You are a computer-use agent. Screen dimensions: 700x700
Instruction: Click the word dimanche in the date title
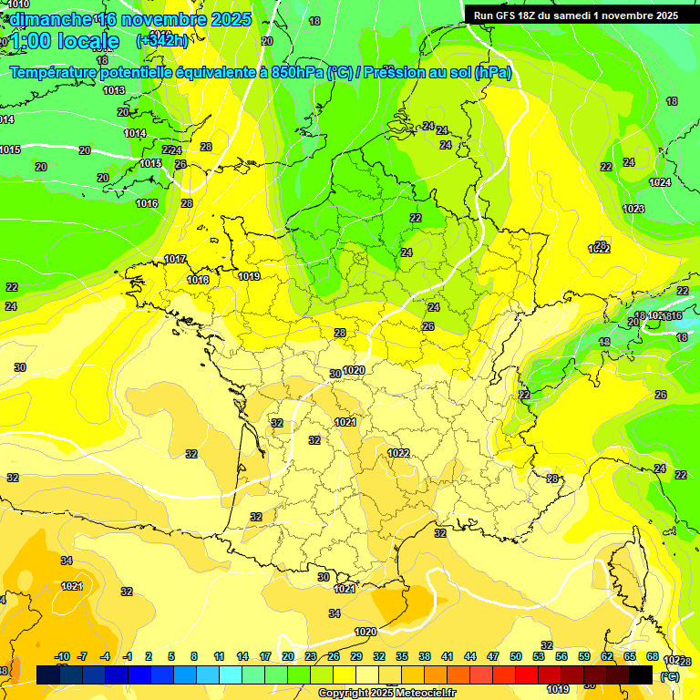click(50, 19)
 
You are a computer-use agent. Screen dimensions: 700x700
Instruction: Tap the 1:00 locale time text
click(65, 41)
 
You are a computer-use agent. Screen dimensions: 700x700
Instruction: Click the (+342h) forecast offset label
click(162, 40)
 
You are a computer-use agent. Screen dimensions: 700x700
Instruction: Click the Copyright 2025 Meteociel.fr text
click(386, 694)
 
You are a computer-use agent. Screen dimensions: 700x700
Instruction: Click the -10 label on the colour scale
click(62, 656)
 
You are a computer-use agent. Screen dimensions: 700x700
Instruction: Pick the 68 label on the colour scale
click(653, 656)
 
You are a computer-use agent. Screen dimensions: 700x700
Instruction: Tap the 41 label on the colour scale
click(448, 656)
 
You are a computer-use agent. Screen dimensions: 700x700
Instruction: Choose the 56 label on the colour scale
click(561, 656)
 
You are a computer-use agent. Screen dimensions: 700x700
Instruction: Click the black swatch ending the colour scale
click(641, 674)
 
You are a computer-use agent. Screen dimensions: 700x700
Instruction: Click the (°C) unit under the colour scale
click(669, 676)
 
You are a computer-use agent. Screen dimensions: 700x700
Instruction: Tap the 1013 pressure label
click(114, 90)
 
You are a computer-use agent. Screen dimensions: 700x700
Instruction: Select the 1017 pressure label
click(176, 260)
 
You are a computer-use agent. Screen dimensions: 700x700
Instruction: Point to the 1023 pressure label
click(633, 210)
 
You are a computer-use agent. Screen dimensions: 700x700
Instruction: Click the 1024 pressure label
click(660, 182)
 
